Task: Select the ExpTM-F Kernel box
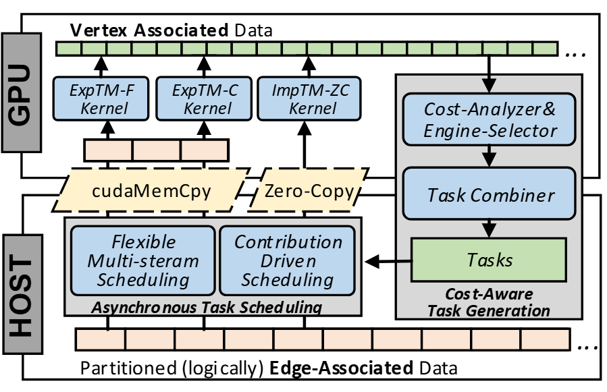tap(100, 98)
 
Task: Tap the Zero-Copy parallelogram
tap(308, 192)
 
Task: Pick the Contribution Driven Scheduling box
tap(288, 260)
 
